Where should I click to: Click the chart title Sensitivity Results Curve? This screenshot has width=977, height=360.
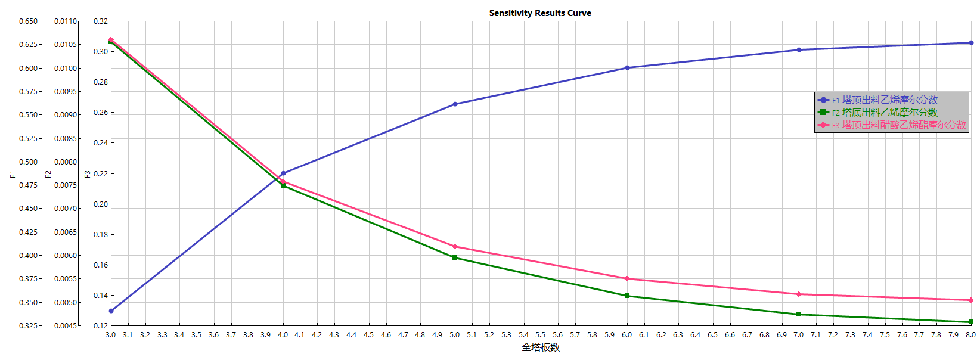coord(540,13)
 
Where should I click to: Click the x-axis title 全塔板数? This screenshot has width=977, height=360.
coord(541,347)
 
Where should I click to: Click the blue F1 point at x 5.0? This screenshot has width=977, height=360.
coord(455,104)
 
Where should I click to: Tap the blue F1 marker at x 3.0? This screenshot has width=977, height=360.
coord(111,311)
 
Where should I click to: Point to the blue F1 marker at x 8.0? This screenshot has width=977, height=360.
coord(971,43)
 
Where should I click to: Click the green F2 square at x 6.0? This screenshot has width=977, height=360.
coord(627,296)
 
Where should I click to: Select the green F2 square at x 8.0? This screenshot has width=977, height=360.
coord(971,322)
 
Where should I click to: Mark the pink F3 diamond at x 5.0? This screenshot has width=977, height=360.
coord(455,247)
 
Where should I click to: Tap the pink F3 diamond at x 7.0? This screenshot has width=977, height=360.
coord(799,294)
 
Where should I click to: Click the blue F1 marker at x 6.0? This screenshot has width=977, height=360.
coord(627,68)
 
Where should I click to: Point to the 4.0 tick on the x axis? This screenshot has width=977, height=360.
coord(283,335)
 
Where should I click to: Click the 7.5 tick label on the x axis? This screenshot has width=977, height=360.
coord(885,335)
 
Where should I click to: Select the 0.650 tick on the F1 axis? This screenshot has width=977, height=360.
coord(28,21)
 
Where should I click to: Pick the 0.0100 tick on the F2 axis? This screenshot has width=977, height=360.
coord(66,69)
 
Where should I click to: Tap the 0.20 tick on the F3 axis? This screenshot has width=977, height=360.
coord(101,204)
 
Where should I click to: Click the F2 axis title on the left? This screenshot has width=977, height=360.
coord(48,174)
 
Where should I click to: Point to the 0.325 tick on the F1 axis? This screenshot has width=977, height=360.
coord(28,326)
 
